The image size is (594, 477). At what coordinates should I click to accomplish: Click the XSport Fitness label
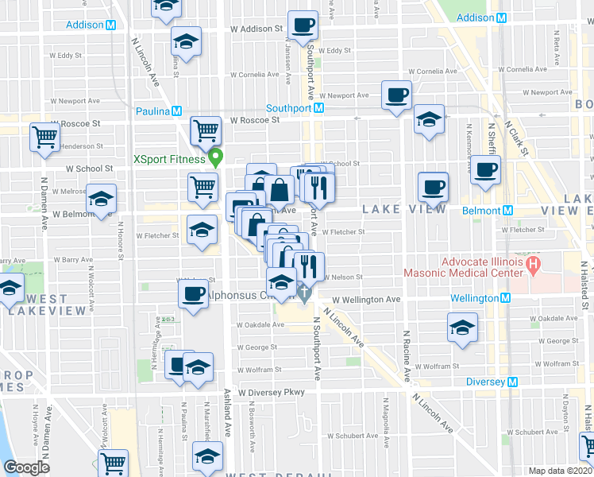tap(168, 158)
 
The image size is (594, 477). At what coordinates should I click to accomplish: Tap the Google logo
tap(27, 467)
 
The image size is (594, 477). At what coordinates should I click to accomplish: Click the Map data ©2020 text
tap(561, 471)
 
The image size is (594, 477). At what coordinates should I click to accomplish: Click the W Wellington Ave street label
tap(366, 300)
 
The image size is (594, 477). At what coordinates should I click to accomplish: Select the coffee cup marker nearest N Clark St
tap(484, 168)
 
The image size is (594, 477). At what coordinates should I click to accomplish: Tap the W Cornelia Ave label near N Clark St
tap(442, 72)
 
